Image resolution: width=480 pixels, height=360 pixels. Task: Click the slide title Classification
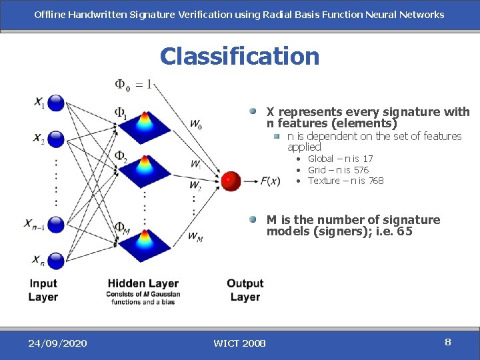click(x=239, y=56)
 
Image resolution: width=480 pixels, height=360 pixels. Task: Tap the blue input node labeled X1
click(x=57, y=103)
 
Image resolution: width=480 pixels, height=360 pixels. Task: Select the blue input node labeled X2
click(x=57, y=139)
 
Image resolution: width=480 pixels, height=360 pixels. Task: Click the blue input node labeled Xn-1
click(x=57, y=223)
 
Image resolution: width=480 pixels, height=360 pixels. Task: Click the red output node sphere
click(x=231, y=181)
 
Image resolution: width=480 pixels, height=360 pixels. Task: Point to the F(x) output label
click(x=271, y=181)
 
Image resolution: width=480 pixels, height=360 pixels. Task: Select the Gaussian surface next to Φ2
click(x=145, y=169)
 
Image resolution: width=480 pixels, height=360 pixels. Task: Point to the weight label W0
click(x=196, y=125)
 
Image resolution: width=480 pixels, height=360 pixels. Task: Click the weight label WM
click(x=195, y=236)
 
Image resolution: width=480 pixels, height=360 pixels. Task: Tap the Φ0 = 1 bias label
click(x=133, y=85)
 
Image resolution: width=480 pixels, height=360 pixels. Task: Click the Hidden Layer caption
click(x=143, y=284)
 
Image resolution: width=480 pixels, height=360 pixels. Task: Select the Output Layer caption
click(x=245, y=290)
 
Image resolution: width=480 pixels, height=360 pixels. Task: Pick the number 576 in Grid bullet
click(x=361, y=170)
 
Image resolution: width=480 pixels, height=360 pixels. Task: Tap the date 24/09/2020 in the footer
click(x=57, y=343)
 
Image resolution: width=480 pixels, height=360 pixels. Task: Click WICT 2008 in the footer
click(x=239, y=343)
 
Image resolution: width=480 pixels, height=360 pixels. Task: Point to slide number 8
click(x=448, y=342)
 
